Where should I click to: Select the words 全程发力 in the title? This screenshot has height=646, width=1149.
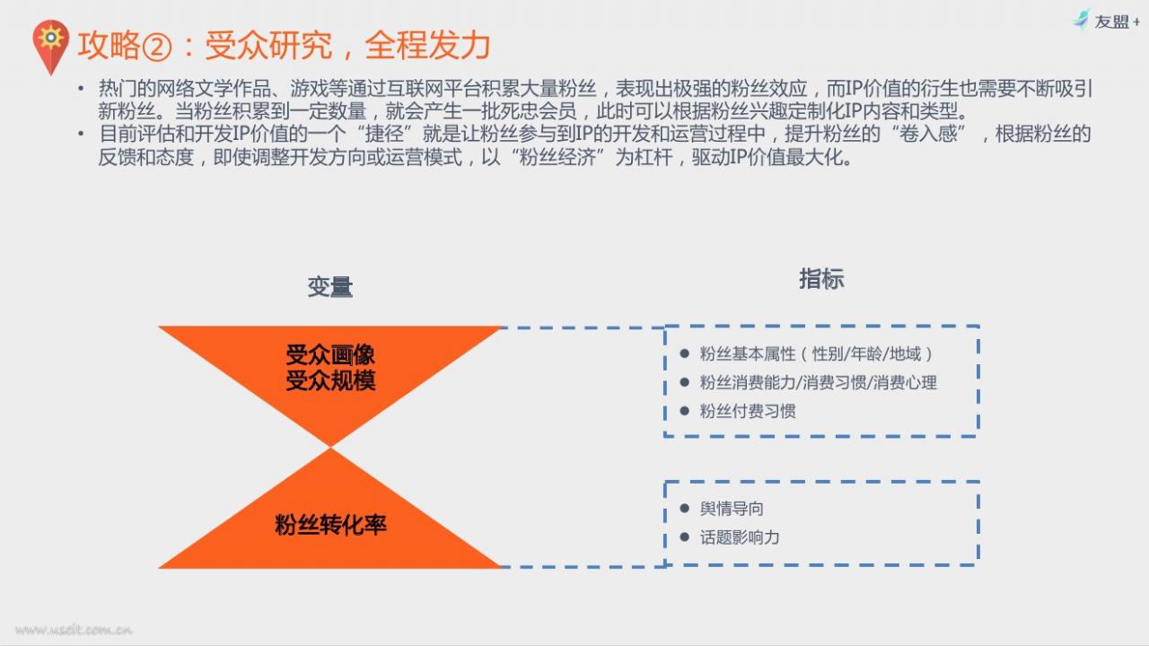(x=428, y=46)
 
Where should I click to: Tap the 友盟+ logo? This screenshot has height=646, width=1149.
(x=1106, y=21)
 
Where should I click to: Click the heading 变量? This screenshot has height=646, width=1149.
(x=329, y=286)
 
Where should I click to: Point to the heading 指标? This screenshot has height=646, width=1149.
(x=821, y=279)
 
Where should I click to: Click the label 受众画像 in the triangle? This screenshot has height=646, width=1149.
(x=330, y=354)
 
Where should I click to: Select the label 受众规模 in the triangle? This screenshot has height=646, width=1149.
(x=330, y=380)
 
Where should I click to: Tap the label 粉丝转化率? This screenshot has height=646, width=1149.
(x=330, y=525)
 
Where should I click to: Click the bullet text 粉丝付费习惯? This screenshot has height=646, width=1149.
(x=748, y=411)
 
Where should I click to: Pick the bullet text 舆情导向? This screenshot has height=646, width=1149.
(x=732, y=509)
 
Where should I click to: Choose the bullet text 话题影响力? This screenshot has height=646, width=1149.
(x=740, y=537)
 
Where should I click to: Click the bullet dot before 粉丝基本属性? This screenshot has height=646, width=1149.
(x=684, y=354)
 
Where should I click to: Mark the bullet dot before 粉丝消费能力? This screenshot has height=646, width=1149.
(x=684, y=382)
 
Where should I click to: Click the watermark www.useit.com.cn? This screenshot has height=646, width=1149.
(x=74, y=630)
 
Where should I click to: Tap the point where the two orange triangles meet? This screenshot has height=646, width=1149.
(x=331, y=447)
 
